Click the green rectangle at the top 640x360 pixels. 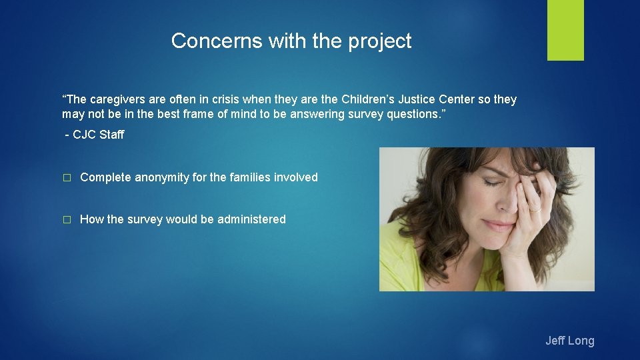click(565, 29)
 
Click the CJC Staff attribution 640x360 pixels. click(95, 135)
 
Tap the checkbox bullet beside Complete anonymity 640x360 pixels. click(66, 177)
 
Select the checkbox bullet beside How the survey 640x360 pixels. click(66, 219)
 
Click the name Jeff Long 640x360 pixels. click(569, 341)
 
